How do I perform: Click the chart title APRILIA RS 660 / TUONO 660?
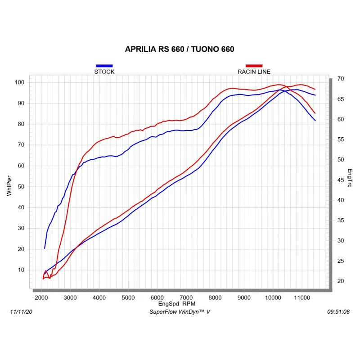pos(180,49)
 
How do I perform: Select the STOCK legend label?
pos(104,72)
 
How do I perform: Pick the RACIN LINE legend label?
pos(254,72)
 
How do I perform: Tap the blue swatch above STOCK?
pos(104,66)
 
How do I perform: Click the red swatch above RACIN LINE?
pos(254,66)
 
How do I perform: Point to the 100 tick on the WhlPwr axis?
pos(19,82)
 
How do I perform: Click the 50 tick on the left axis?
pos(21,186)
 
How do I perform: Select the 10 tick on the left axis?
pos(21,270)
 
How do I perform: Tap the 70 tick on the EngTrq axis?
pos(341,79)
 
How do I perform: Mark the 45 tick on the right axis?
pos(341,180)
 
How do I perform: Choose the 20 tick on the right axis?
pos(341,281)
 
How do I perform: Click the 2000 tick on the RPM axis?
pos(41,297)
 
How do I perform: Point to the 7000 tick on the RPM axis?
pos(186,297)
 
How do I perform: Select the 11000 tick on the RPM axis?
pos(301,297)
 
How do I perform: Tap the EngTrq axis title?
pos(350,178)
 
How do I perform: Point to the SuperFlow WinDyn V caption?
pos(180,311)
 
